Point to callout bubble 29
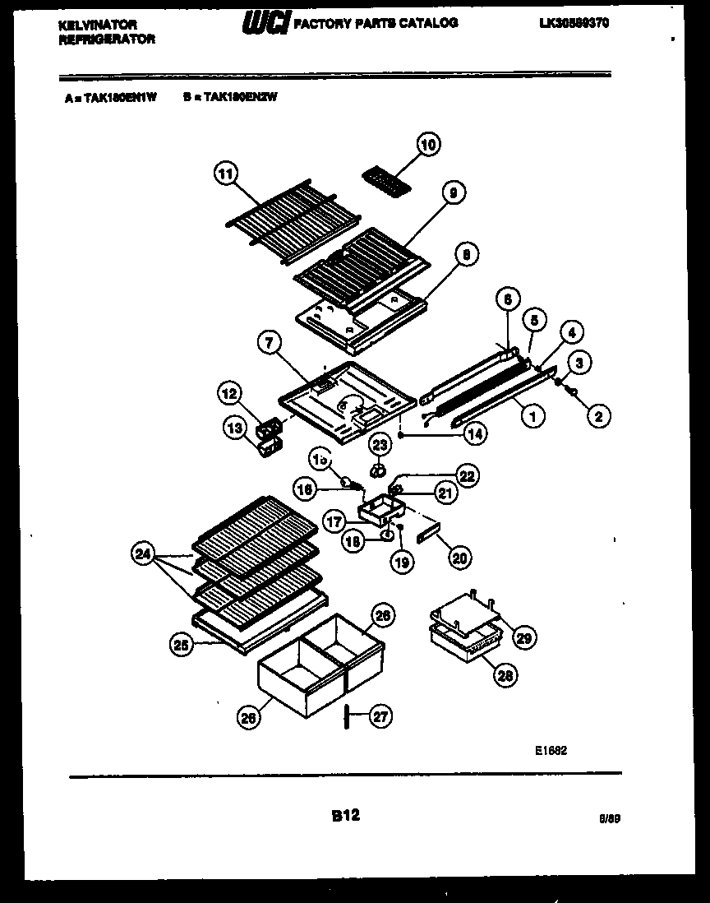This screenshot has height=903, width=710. coord(523,636)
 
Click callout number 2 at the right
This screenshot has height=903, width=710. coord(598,417)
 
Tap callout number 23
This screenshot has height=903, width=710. coord(379,445)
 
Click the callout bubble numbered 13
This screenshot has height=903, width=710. coord(234,427)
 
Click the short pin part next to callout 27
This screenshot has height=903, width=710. coord(348,716)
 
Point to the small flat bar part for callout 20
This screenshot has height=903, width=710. coord(428,535)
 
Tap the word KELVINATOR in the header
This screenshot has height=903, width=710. coord(98,25)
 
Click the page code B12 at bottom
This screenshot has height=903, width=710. coord(345,816)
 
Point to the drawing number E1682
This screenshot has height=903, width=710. coord(551,750)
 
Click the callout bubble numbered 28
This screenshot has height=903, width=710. coord(505,675)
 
